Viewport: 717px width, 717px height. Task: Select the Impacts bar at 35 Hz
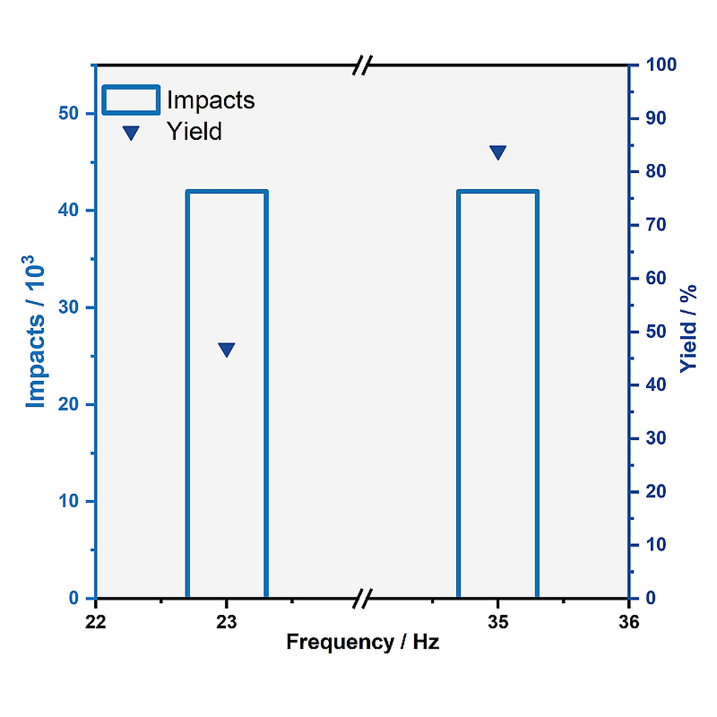(498, 394)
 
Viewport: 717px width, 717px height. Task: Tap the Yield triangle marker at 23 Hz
(226, 350)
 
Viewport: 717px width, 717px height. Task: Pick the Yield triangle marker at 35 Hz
(498, 152)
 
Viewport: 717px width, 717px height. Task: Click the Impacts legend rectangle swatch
(131, 100)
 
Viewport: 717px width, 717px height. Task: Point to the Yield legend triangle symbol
(131, 133)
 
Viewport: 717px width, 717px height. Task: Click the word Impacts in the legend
(210, 100)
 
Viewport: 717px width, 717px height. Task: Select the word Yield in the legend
(194, 131)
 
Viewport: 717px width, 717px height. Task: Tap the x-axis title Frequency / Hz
(362, 642)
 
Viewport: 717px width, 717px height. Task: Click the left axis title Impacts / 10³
(35, 332)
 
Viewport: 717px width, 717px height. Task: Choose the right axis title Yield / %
(688, 329)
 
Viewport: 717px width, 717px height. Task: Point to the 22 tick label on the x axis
(96, 622)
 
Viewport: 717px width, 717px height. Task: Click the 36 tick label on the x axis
(629, 622)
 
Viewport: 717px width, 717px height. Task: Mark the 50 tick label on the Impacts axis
(69, 114)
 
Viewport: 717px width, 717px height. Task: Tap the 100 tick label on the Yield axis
(661, 65)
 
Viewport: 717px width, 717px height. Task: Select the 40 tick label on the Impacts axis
(69, 210)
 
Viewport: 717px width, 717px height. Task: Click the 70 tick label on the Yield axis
(655, 225)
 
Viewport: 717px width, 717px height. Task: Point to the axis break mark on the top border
(362, 65)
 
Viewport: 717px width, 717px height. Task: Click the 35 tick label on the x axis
(498, 622)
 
